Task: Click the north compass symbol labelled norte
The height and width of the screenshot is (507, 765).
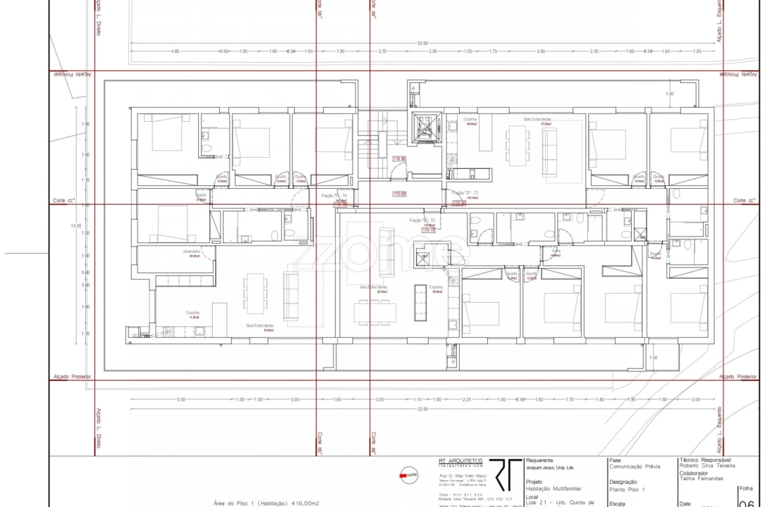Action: tap(408, 475)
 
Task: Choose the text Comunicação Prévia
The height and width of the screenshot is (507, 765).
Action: tap(635, 466)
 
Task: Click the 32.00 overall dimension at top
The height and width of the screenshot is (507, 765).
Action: tap(422, 44)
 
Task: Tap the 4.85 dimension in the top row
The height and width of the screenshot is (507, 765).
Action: tap(175, 51)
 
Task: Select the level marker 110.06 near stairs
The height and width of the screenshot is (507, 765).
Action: tap(398, 159)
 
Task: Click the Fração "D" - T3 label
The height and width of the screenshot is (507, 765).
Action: tap(465, 193)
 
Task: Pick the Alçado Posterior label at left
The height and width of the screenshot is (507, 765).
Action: tap(72, 377)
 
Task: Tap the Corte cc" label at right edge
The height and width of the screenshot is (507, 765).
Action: tap(745, 201)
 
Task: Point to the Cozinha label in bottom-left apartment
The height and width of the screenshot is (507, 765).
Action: tap(192, 313)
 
